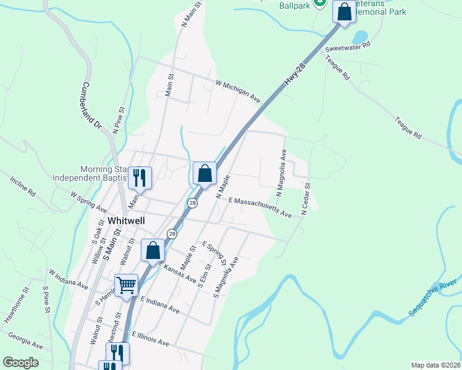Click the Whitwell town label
coord(127,220)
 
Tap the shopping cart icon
coord(126,286)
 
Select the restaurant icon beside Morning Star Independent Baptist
coord(140,178)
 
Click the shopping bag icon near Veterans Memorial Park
coord(343,11)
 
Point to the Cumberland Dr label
coord(91,105)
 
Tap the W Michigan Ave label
coord(238,90)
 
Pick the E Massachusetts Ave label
coord(260,207)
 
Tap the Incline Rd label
coord(22,186)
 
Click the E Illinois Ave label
coord(150,338)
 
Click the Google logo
coord(20,363)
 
